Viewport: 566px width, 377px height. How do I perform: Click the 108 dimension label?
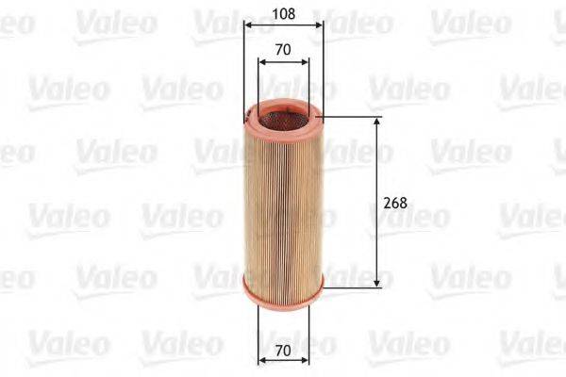click(283, 14)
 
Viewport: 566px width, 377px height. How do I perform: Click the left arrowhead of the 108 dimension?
click(247, 26)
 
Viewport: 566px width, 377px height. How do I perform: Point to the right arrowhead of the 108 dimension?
click(320, 26)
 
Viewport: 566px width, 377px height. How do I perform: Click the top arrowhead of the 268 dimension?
click(378, 123)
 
